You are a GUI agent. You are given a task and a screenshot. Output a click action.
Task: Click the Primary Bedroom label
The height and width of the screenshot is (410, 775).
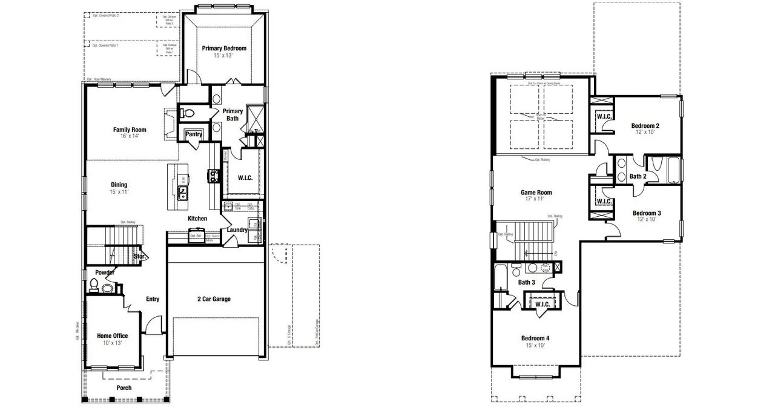coord(224,48)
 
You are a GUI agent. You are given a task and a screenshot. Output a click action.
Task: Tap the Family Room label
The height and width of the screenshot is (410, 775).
coord(130,130)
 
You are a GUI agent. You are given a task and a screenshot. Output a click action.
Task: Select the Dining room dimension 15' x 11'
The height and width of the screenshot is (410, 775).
coord(119,192)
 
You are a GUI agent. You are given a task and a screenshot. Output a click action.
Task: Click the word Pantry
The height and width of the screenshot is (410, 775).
coord(194,134)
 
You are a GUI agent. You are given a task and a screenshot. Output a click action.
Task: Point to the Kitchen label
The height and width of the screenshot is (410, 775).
coord(197,219)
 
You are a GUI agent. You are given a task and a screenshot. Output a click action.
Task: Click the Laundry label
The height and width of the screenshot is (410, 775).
coord(237,230)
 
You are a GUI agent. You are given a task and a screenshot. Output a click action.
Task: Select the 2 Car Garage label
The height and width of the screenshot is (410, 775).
coord(214,299)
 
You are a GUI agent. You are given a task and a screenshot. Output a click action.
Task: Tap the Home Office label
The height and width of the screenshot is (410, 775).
coord(113,336)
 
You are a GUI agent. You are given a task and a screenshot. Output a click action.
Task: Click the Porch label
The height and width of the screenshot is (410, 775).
coord(124,388)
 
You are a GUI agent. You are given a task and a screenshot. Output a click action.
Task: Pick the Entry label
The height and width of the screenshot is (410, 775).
coord(153,299)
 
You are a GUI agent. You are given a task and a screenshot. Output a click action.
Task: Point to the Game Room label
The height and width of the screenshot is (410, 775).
coord(536,193)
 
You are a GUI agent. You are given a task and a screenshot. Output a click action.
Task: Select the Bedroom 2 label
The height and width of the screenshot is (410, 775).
coord(645,126)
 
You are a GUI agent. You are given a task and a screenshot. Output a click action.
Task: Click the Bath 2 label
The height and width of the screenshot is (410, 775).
coord(638,176)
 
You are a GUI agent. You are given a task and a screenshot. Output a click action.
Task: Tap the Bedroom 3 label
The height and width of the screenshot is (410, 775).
coord(647,213)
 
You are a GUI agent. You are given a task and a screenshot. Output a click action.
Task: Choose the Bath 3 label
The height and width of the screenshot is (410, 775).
coord(526,282)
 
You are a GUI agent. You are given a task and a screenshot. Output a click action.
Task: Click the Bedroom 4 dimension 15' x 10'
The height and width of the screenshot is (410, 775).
coord(535,345)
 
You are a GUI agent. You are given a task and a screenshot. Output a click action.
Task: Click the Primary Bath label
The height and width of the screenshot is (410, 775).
coord(232,114)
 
